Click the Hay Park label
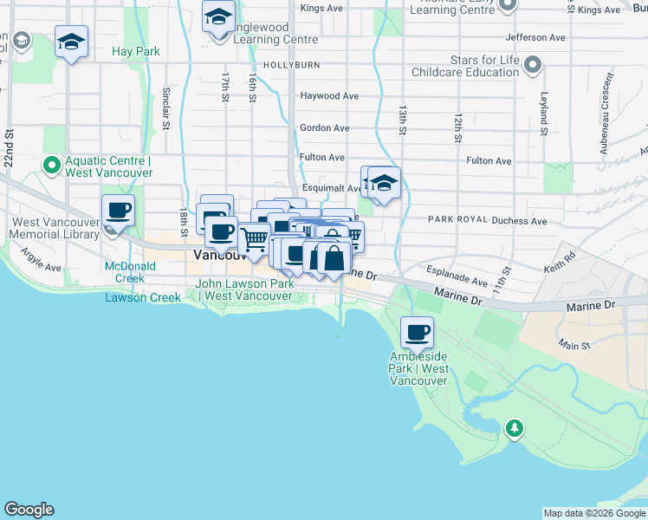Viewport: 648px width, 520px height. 136,51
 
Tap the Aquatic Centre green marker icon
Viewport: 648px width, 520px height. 51,164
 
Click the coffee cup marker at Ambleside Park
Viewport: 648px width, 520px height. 417,332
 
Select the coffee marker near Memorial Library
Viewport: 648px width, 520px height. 118,211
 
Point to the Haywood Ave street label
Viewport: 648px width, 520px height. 329,96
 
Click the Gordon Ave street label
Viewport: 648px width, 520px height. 324,127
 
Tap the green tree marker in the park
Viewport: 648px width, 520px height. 515,427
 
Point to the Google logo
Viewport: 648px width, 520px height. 29,510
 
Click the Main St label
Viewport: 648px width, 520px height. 573,346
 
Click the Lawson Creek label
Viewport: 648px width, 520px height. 143,298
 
